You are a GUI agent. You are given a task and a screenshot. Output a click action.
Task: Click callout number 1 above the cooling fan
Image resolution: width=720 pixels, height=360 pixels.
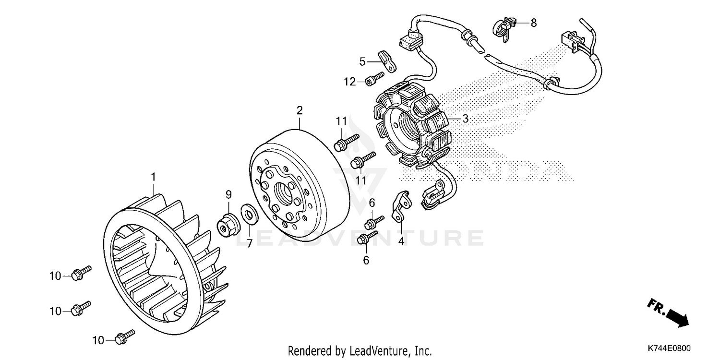click(154, 177)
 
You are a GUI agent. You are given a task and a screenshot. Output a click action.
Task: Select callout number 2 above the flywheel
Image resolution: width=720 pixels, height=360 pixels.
click(300, 110)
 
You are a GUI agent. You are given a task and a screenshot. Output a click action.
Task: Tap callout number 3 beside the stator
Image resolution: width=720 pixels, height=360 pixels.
click(465, 118)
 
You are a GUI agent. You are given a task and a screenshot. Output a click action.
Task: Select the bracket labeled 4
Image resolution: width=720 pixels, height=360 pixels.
click(401, 207)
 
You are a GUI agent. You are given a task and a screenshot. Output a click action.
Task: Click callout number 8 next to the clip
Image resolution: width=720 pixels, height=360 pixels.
click(534, 23)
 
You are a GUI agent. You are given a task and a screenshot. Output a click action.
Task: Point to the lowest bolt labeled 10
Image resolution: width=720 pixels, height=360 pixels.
click(124, 337)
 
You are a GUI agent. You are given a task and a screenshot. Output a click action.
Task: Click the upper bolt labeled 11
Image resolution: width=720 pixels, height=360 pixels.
click(345, 141)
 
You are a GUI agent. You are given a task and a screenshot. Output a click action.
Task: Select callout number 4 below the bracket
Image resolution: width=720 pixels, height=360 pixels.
click(401, 241)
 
